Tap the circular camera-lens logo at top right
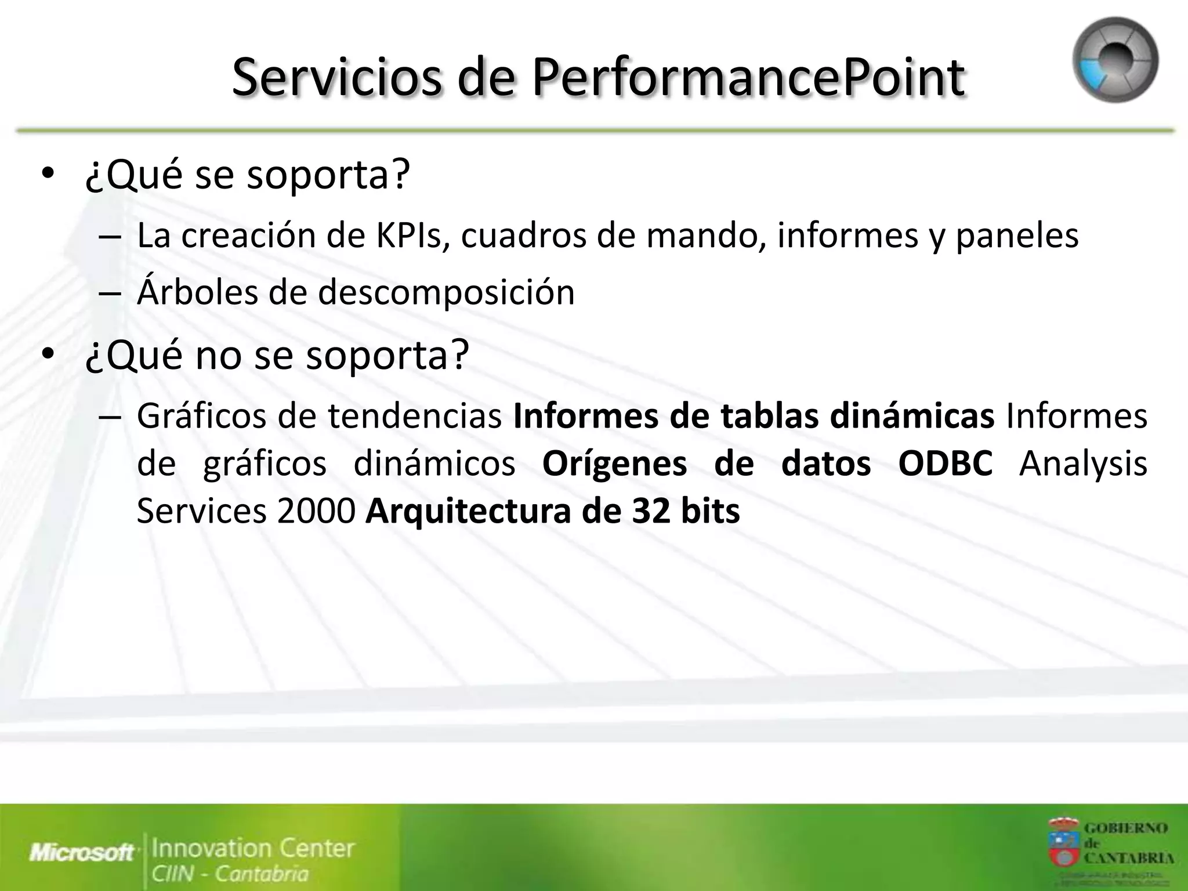pos(1115,60)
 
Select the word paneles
pos(1016,236)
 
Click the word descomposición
pos(446,292)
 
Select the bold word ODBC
pos(945,464)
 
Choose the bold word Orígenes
pos(614,464)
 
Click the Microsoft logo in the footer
pos(82,853)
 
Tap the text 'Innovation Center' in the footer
pos(253,848)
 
